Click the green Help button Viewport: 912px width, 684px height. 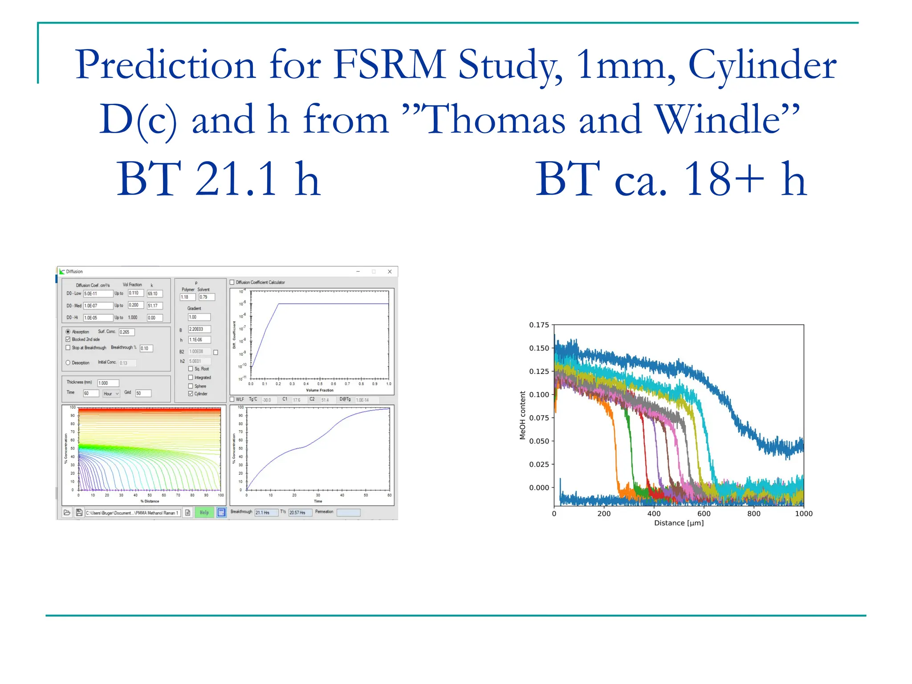204,513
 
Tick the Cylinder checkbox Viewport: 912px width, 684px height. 191,394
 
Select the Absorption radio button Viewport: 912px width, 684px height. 68,332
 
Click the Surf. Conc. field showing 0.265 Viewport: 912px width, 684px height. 126,332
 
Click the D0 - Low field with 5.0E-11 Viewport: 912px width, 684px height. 98,293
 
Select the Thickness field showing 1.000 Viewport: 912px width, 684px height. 108,383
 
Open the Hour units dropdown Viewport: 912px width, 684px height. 111,394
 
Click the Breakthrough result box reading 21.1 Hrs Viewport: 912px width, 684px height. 266,513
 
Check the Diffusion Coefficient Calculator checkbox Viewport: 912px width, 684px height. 232,282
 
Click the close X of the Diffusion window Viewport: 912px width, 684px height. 390,272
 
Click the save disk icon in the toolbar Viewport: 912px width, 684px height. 79,513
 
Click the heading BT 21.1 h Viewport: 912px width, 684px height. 218,179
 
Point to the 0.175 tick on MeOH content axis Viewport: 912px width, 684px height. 539,325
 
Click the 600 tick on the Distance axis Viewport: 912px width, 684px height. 704,513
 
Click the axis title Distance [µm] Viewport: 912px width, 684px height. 679,523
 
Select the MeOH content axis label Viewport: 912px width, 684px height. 523,415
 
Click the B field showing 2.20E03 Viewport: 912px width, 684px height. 199,329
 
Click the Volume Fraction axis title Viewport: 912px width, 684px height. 319,390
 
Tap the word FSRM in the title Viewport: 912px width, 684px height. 390,65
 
